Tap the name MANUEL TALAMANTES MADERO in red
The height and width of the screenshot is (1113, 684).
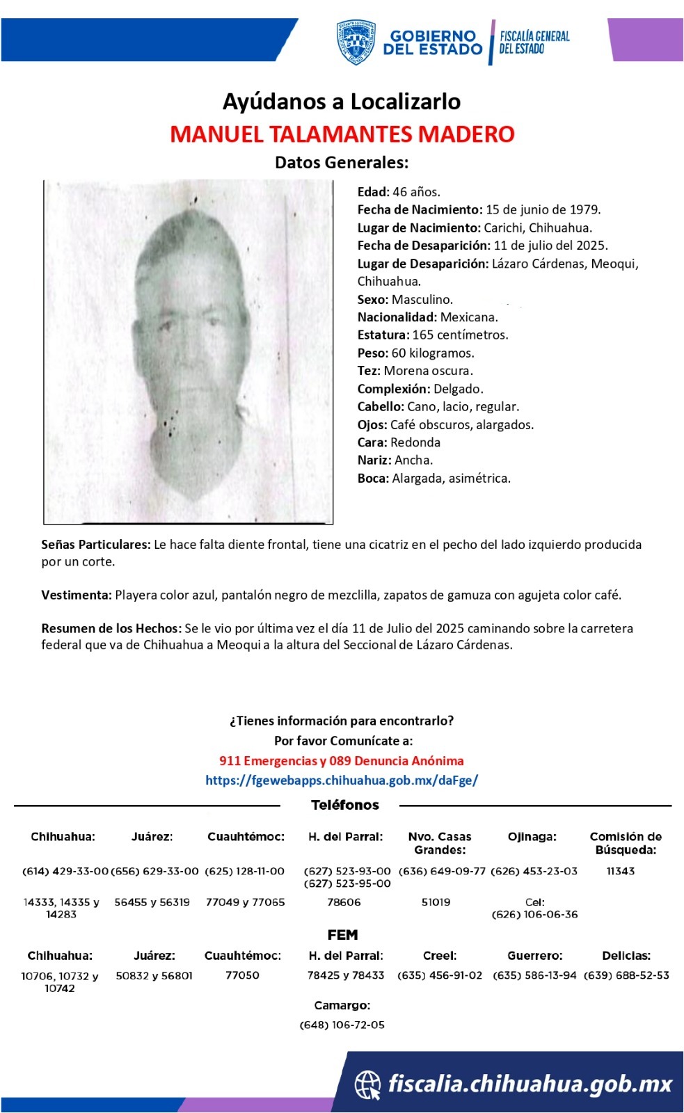[x=342, y=134]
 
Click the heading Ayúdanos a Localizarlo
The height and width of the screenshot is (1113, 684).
[x=342, y=102]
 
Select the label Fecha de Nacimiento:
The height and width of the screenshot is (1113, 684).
[x=420, y=209]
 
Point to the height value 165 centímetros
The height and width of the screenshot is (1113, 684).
[x=460, y=335]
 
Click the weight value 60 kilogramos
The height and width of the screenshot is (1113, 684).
[x=433, y=353]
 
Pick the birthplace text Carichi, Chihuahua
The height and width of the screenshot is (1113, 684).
[x=538, y=227]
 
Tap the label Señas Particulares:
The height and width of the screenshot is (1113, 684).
[x=95, y=544]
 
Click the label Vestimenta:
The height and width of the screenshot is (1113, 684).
[x=76, y=595]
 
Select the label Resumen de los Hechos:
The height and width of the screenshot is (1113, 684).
[x=111, y=628]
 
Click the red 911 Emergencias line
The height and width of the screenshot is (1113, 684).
[x=341, y=760]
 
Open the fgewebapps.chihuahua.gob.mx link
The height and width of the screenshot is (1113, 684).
[x=341, y=780]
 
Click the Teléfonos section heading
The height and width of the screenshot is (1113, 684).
[x=344, y=805]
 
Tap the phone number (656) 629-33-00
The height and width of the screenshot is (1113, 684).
[x=154, y=871]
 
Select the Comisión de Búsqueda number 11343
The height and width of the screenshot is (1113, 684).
[x=620, y=871]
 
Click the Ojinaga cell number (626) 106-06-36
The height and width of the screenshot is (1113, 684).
[x=534, y=914]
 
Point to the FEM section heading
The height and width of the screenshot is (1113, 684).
[x=342, y=935]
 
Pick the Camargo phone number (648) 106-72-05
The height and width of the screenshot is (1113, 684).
[x=342, y=1025]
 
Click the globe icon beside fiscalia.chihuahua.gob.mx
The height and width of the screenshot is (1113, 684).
[x=367, y=1084]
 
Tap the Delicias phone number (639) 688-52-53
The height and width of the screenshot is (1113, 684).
[x=626, y=975]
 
